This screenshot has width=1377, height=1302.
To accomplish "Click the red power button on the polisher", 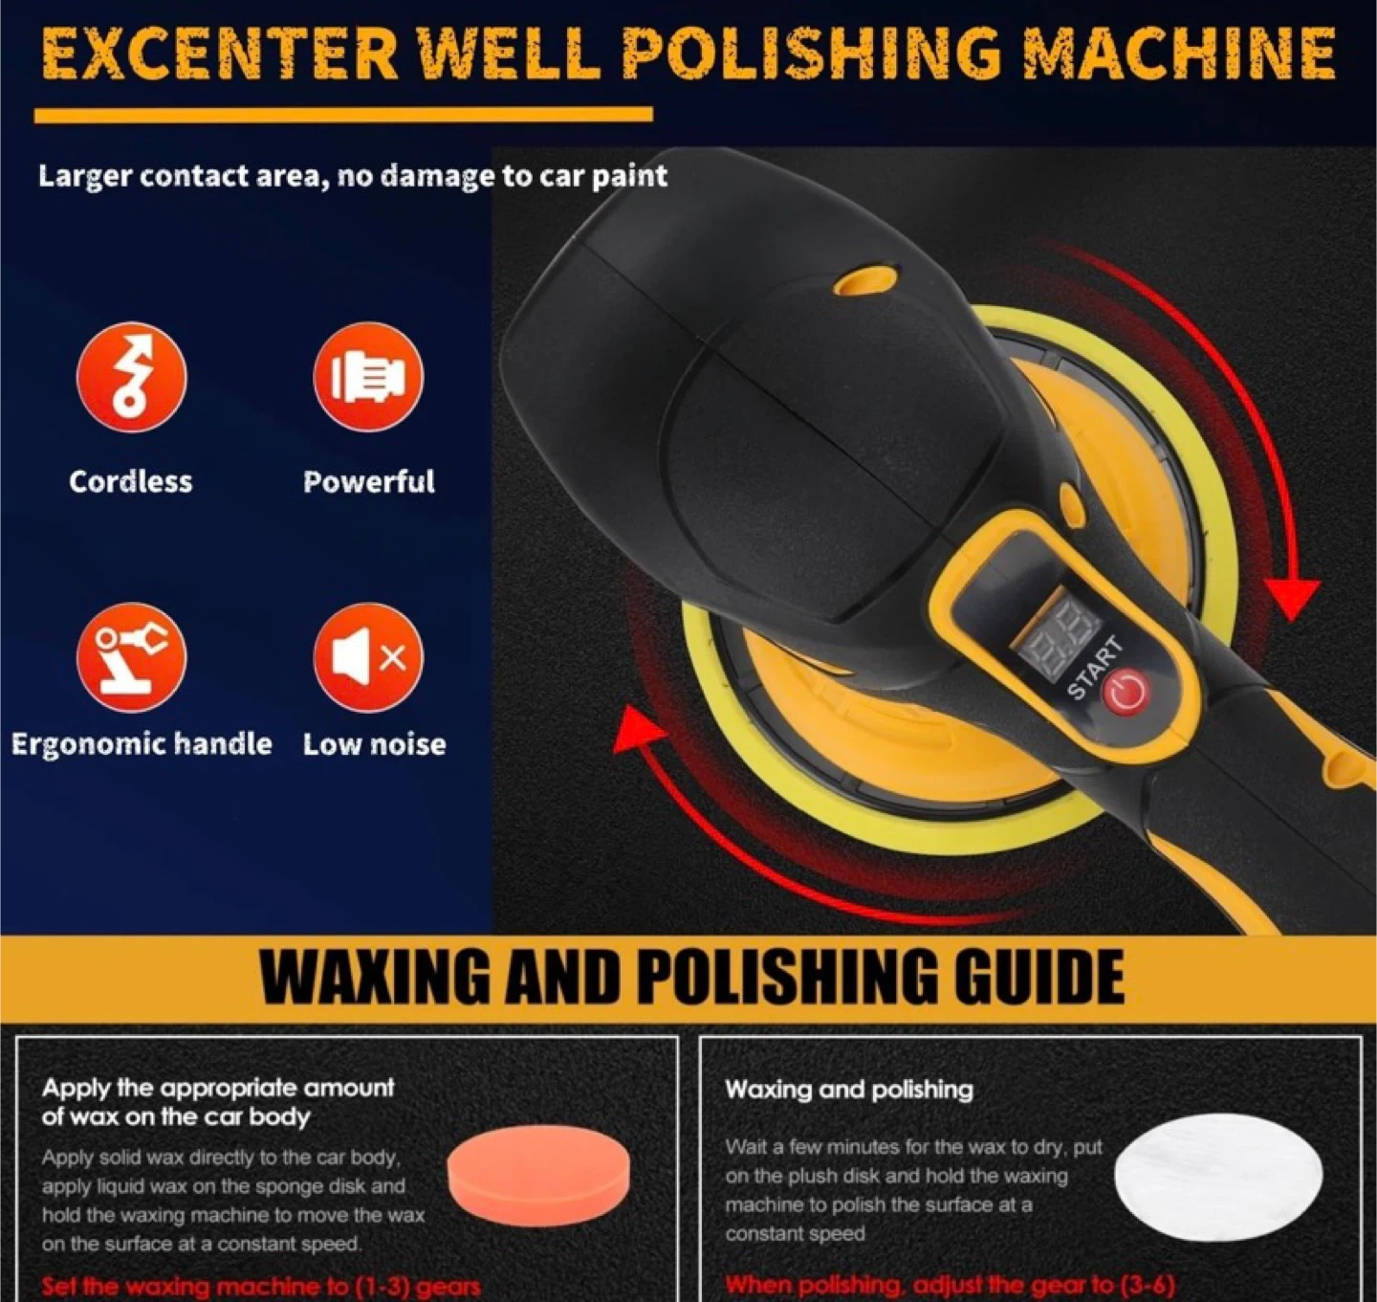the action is point(1126,692).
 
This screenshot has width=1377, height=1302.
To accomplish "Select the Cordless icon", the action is point(131,377).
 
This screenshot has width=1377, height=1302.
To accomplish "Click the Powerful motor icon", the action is point(368,377).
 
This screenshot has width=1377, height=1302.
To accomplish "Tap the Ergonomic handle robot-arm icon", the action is point(131,658).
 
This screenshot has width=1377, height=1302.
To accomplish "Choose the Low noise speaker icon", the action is point(368,658).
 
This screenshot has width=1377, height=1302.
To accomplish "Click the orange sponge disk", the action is point(538,1179).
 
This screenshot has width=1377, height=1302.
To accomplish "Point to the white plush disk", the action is point(1218,1178).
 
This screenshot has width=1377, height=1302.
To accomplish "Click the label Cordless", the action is point(131,482).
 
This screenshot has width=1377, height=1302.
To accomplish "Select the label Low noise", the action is point(375,744).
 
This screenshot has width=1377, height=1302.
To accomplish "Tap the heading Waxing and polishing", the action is point(849,1090).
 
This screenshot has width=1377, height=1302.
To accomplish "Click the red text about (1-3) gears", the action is point(261,1287).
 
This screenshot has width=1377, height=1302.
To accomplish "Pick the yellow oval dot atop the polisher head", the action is point(864,280).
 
